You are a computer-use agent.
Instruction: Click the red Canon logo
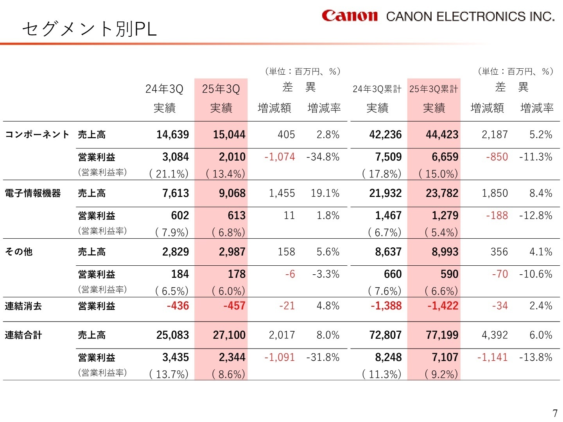(350, 16)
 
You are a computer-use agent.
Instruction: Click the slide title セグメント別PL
(90, 29)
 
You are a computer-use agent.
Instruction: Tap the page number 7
(555, 413)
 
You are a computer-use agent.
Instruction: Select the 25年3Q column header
(221, 89)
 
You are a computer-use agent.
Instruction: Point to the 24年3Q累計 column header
(377, 89)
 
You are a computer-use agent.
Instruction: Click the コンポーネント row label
(37, 135)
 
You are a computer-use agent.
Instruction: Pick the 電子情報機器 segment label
(33, 193)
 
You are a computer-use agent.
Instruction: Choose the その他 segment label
(19, 252)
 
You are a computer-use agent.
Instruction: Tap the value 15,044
(229, 135)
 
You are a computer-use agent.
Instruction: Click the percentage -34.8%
(323, 157)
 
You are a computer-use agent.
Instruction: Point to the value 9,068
(232, 193)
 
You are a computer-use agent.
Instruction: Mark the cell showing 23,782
(442, 193)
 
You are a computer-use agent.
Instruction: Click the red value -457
(234, 306)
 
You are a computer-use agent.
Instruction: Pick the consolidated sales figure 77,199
(442, 335)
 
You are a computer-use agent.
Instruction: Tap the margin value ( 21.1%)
(169, 174)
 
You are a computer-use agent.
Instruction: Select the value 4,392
(495, 335)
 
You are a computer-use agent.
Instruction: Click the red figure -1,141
(492, 358)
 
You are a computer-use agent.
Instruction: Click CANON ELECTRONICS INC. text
(470, 16)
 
